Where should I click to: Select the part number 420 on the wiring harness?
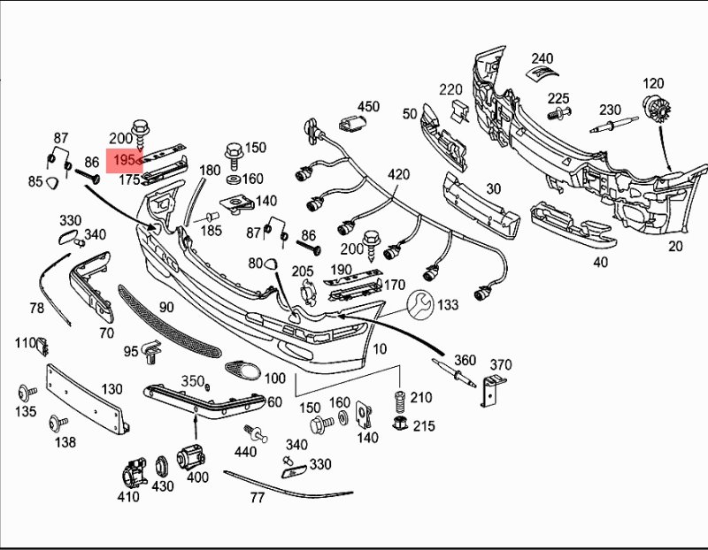(398, 174)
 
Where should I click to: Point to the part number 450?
(367, 107)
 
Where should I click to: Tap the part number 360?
(465, 361)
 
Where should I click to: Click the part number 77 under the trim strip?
(257, 498)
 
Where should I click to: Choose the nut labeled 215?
(399, 425)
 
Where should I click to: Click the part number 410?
(128, 497)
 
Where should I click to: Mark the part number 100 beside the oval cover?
(275, 378)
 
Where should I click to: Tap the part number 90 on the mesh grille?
(166, 307)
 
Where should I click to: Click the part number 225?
(558, 98)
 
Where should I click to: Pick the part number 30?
(493, 188)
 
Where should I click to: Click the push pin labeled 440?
(258, 433)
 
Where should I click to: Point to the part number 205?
(303, 271)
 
